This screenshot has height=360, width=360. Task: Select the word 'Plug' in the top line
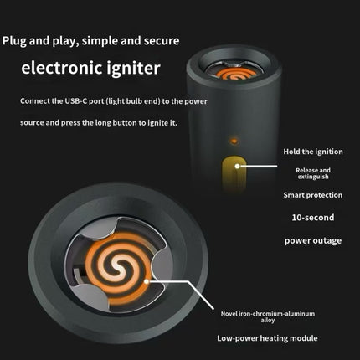coord(14,41)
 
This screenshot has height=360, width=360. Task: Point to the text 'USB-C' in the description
coord(76,101)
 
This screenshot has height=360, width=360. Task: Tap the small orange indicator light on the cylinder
coord(234,141)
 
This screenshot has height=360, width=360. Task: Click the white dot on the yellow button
coord(237,167)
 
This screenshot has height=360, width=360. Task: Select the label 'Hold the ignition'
coord(313,152)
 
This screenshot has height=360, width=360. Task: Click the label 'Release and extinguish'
coord(313,173)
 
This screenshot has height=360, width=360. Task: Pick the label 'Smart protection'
coord(313,195)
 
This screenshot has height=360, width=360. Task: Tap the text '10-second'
coord(313,218)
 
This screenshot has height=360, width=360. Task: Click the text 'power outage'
coord(313,240)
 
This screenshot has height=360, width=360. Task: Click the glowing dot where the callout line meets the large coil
coord(147,281)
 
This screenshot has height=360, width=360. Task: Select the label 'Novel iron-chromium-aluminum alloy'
coord(268,316)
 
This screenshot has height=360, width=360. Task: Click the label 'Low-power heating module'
coord(267,338)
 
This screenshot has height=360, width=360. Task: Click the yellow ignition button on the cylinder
coord(234,173)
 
